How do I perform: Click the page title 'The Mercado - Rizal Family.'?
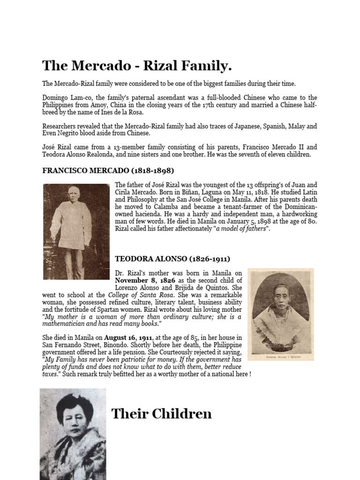pos(137,66)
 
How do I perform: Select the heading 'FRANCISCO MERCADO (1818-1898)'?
pos(108,170)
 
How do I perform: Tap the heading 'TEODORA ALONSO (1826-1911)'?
pos(172,258)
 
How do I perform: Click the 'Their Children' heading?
pos(161,414)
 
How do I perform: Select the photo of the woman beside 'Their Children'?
pos(73,434)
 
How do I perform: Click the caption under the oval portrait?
pos(280,356)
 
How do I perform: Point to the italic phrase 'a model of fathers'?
pos(240,229)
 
